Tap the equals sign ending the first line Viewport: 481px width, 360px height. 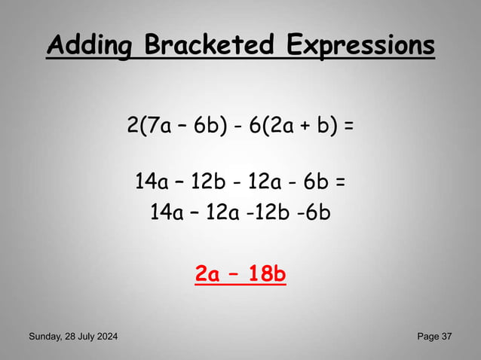(348, 125)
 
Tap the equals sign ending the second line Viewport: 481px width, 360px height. (341, 182)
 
